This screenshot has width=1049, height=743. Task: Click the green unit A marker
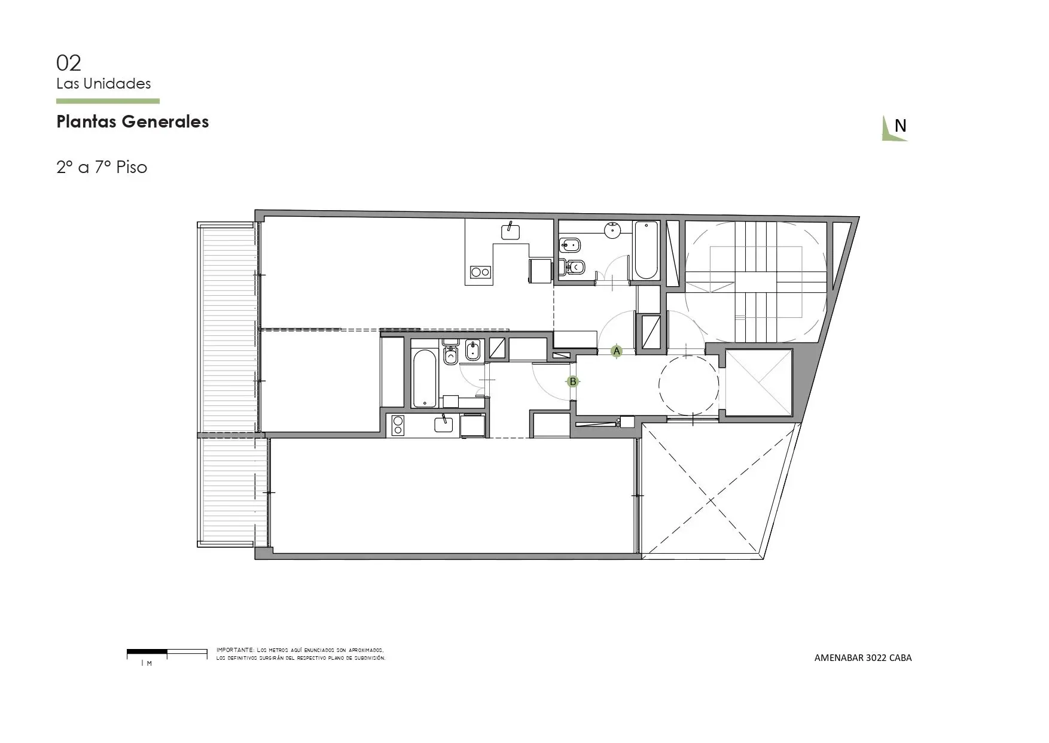pos(617,351)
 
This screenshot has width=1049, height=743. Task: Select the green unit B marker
pos(573,381)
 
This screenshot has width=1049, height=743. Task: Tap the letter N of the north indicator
pos(900,126)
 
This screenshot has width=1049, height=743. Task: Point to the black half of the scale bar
pos(147,651)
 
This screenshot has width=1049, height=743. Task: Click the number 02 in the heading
pos(69,63)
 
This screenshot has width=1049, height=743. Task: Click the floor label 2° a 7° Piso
pos(102,167)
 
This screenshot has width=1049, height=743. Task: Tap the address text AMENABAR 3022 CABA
pos(863,657)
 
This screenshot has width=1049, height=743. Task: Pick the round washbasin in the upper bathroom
pos(614,230)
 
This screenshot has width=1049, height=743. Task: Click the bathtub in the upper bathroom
pos(646,250)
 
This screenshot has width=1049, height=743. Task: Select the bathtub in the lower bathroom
pos(425,379)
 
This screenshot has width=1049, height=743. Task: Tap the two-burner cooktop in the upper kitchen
pos(480,272)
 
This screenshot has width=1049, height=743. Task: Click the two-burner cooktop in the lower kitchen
pos(397,426)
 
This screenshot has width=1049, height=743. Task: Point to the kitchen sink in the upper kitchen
pos(510,231)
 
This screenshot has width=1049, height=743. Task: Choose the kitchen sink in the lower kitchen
pos(444,424)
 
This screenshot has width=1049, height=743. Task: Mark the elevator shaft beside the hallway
pos(758,383)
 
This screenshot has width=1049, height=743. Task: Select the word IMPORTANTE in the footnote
pos(235,650)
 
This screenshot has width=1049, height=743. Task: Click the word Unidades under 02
pos(117,84)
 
